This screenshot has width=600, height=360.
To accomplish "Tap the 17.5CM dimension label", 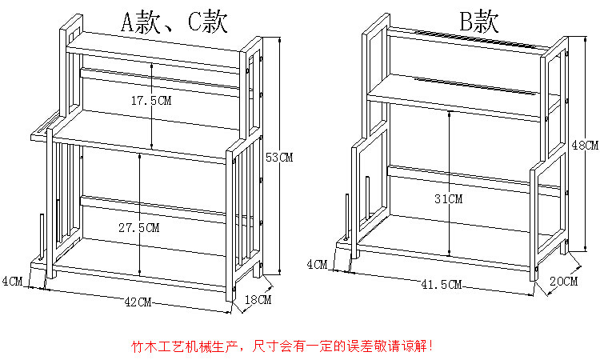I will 151,101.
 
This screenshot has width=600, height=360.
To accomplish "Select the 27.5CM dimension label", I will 138,227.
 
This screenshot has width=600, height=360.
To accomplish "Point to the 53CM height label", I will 279,158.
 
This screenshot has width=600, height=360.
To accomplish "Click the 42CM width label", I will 138,302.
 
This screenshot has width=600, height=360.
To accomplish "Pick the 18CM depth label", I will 258,301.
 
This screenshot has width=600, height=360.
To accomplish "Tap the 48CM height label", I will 586,145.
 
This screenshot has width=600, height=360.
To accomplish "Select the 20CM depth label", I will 564,281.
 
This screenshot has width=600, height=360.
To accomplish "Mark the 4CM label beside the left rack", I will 12,281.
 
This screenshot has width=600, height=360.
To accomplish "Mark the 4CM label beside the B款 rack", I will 317,263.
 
